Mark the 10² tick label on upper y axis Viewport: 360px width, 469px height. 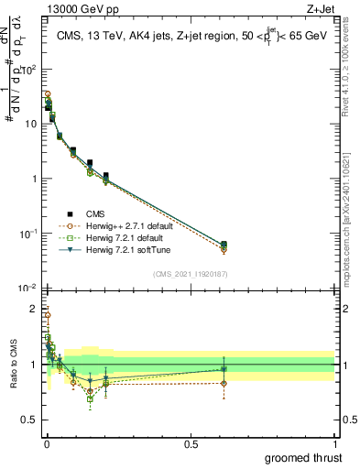(28, 70)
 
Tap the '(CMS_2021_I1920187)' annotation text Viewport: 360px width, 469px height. (191, 273)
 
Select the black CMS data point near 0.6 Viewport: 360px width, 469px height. (224, 244)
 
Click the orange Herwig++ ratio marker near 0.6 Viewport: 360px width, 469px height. (224, 384)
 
